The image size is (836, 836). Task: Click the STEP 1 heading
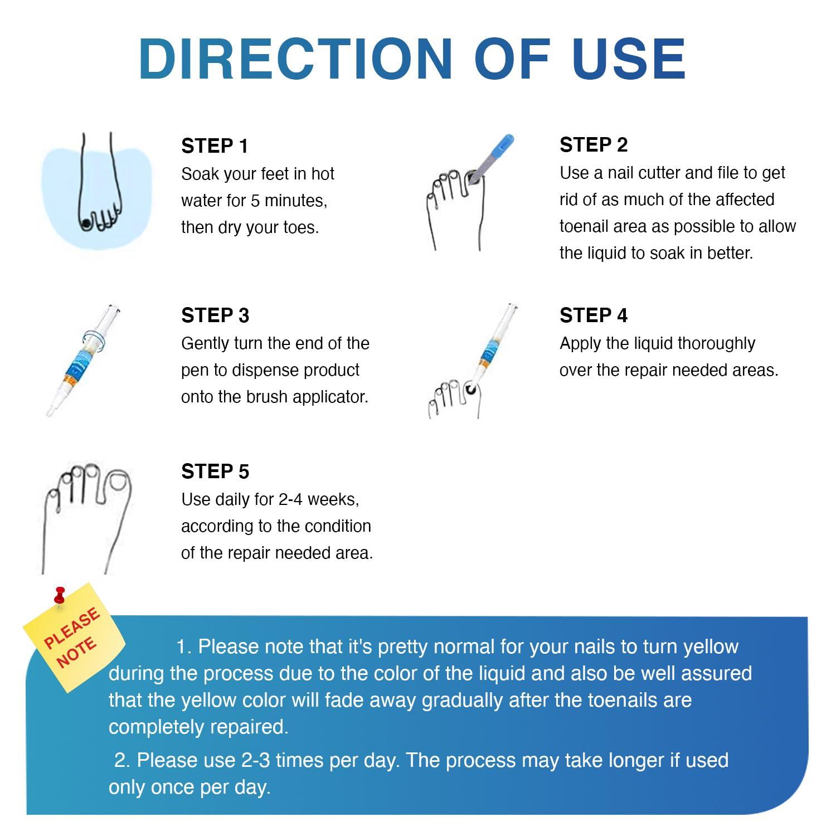click(215, 146)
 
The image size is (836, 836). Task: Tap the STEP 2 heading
click(594, 145)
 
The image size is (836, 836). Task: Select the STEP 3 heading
click(215, 315)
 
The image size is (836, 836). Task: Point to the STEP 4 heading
click(594, 315)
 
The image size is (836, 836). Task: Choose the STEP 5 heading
click(215, 472)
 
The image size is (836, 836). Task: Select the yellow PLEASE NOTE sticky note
click(74, 636)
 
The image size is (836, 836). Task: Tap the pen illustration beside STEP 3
click(84, 360)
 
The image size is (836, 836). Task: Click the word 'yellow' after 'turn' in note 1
click(711, 647)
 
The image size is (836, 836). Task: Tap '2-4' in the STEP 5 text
click(290, 499)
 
